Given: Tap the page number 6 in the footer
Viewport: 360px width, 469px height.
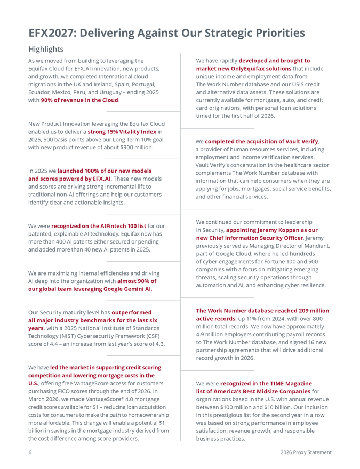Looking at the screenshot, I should click(30, 452).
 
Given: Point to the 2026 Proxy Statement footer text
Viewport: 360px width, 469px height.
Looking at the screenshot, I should click(306, 452).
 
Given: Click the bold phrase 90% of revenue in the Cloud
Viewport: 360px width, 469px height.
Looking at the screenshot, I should click(80, 100).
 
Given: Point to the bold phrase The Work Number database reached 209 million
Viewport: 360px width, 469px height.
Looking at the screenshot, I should click(262, 311).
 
